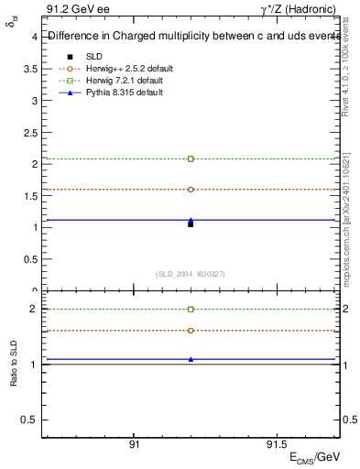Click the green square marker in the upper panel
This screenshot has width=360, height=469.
(x=191, y=158)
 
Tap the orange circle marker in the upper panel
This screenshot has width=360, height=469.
(x=191, y=190)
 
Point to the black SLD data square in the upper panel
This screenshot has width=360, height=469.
(x=191, y=224)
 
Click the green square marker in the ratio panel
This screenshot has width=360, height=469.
(x=191, y=310)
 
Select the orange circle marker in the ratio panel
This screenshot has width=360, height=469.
(x=191, y=330)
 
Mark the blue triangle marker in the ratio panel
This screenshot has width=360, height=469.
(x=191, y=359)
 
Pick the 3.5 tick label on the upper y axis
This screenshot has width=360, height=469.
(x=31, y=69)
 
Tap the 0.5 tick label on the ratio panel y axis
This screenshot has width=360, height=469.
(x=31, y=420)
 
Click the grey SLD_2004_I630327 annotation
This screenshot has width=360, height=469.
(x=191, y=274)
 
